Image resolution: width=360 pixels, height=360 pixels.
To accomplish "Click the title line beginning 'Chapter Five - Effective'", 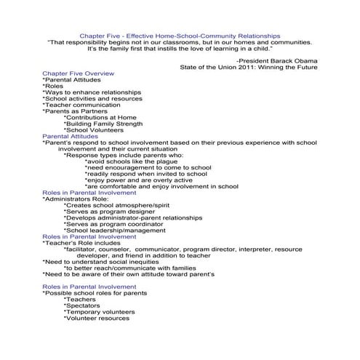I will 179,34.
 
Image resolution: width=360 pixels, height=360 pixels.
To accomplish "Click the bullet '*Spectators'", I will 84,307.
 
